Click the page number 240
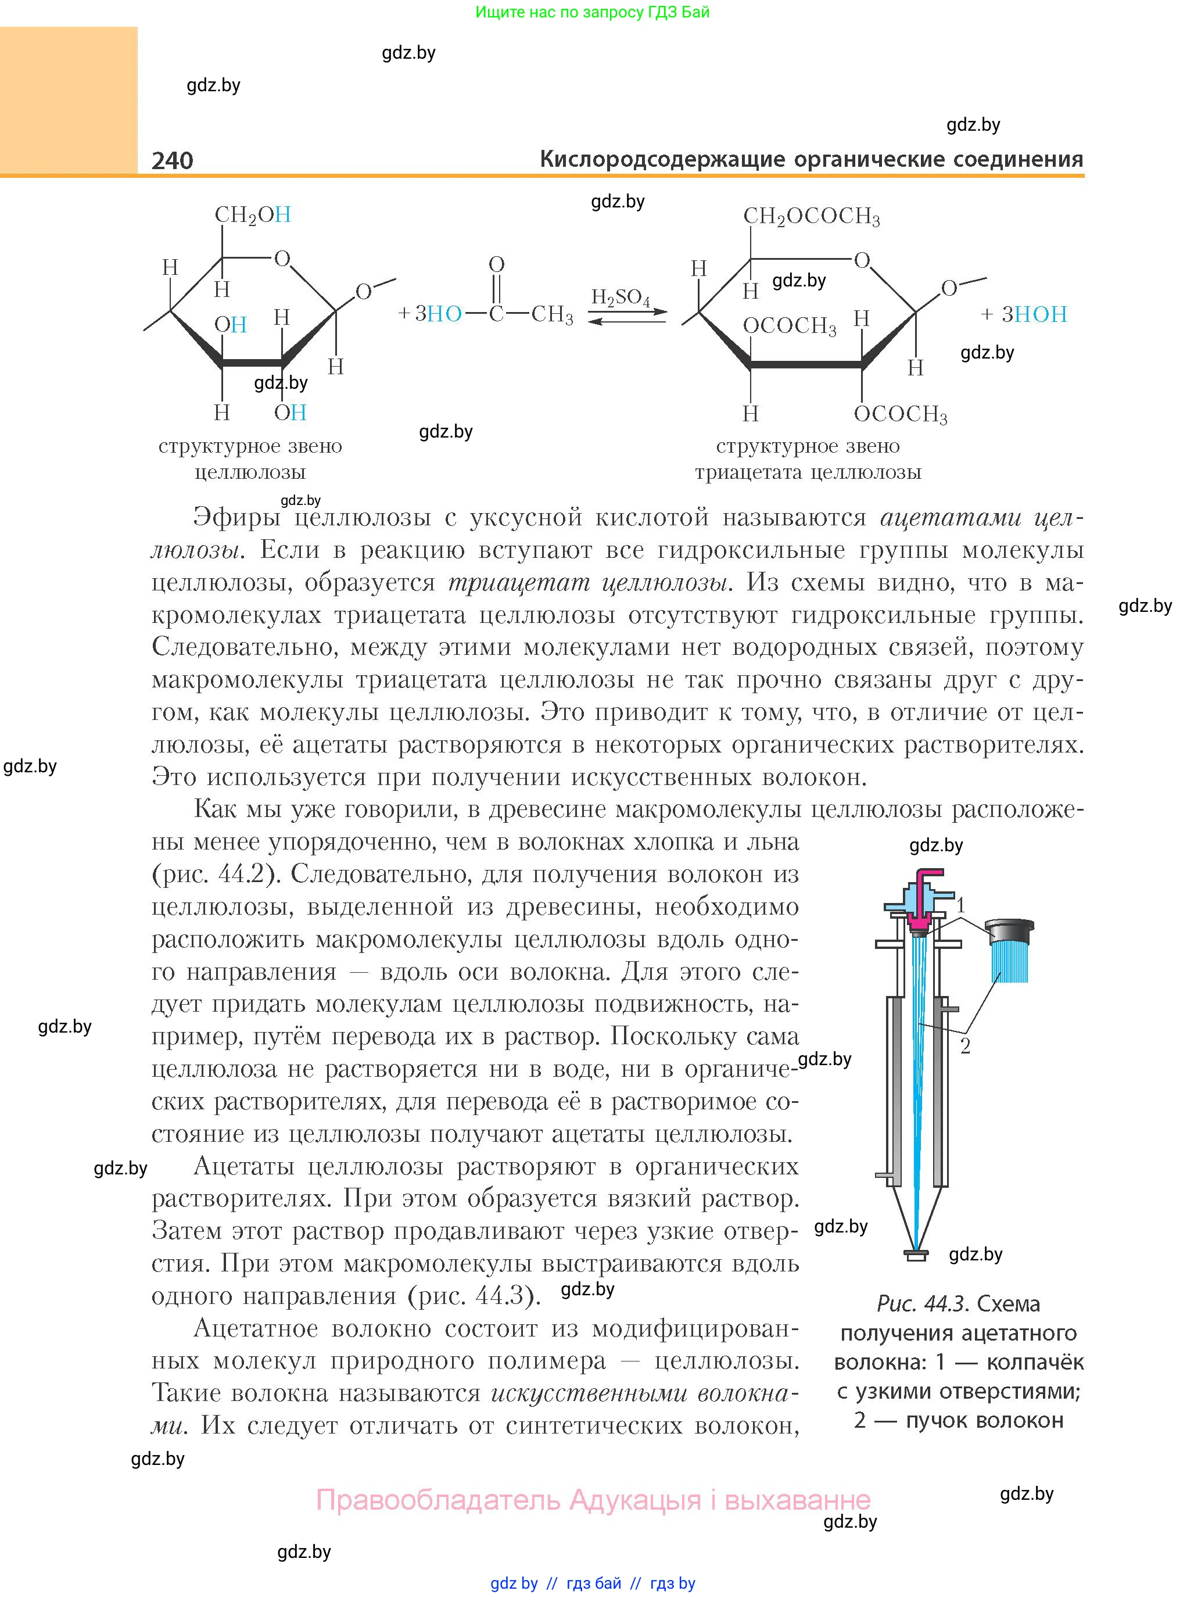[173, 160]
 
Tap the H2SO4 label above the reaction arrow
[620, 298]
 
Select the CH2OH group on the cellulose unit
[252, 215]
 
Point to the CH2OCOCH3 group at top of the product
[811, 216]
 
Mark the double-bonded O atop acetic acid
[497, 264]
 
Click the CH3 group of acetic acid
[552, 315]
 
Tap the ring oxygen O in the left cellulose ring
[282, 259]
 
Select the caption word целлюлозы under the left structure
[250, 472]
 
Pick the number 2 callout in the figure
[965, 1045]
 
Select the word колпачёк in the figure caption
[1035, 1361]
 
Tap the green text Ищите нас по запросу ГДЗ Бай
[592, 12]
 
